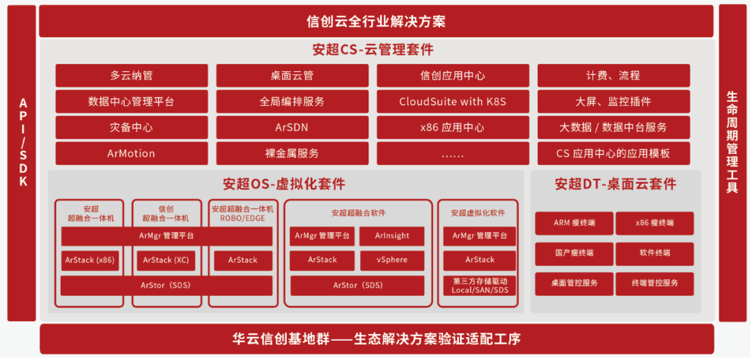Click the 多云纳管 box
(132, 76)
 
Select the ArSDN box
(292, 127)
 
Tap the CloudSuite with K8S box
(453, 102)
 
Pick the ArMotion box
(132, 153)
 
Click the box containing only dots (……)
(453, 153)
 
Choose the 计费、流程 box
(613, 76)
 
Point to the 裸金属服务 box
(292, 153)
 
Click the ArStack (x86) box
(90, 260)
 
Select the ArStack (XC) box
(166, 260)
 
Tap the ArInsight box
(392, 236)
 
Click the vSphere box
(392, 260)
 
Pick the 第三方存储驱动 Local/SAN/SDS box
(480, 285)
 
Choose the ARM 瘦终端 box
(574, 224)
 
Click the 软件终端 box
(655, 253)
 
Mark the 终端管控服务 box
(655, 283)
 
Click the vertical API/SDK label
(22, 142)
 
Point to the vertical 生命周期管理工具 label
(732, 142)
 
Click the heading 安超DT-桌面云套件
(616, 185)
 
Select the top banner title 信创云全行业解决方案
(376, 22)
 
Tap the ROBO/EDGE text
(243, 218)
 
